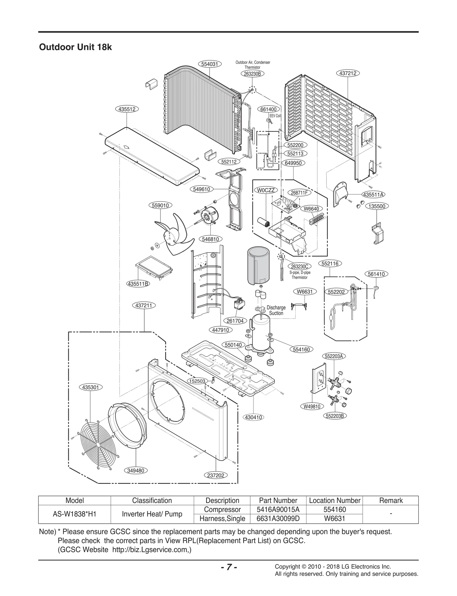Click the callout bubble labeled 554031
click(210, 64)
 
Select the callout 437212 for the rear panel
click(348, 73)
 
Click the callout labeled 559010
click(160, 205)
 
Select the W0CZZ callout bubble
click(266, 190)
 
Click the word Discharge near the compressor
click(276, 307)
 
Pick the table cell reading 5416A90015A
click(278, 509)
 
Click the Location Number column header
click(334, 500)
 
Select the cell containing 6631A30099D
click(278, 518)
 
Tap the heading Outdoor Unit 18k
click(75, 47)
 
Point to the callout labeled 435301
click(91, 387)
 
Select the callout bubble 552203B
click(335, 416)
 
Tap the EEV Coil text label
click(275, 116)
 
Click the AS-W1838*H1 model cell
click(75, 514)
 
